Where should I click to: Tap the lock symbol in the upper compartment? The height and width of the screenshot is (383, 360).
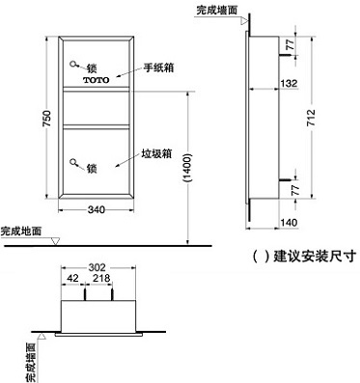pos(76,67)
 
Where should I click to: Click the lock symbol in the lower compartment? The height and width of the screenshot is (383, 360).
pos(76,166)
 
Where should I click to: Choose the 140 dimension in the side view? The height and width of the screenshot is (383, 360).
pos(288,221)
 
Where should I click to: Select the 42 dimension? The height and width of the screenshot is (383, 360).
pos(72,279)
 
